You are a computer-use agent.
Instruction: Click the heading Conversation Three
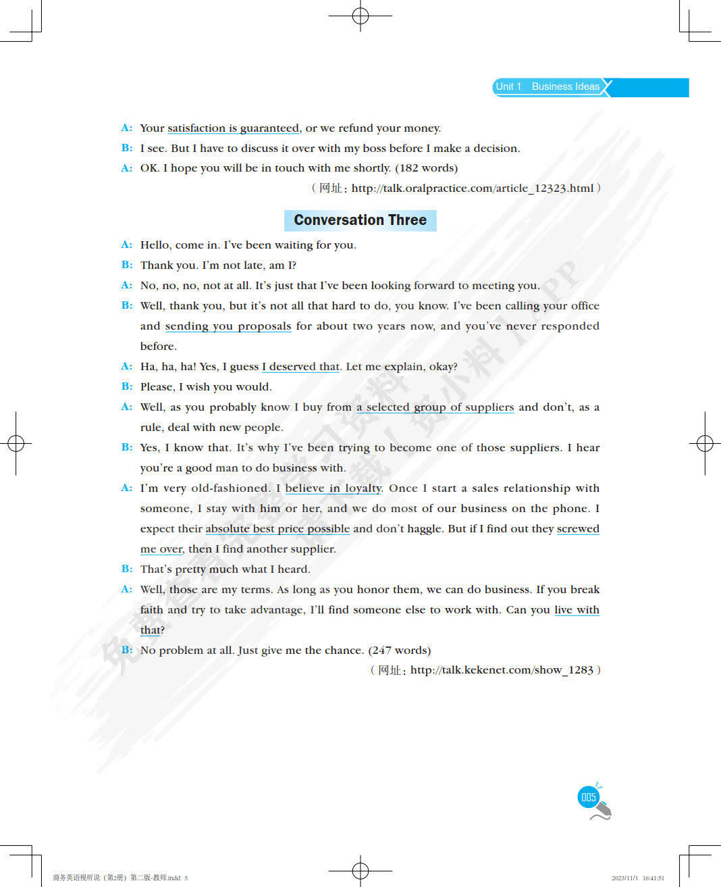click(360, 220)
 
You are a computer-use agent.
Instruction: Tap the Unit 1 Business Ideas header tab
click(548, 86)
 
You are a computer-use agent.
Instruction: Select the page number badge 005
click(589, 797)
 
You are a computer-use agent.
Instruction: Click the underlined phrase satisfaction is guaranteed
click(233, 128)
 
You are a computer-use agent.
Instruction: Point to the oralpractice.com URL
click(473, 188)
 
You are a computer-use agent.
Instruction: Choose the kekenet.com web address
click(502, 670)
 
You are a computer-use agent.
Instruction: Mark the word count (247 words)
click(399, 650)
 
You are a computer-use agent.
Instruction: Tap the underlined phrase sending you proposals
click(228, 326)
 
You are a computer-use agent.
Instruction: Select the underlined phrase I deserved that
click(300, 367)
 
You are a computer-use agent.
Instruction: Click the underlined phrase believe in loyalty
click(333, 488)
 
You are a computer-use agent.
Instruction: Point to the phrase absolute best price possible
click(277, 529)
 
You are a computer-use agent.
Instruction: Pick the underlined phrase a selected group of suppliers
click(435, 407)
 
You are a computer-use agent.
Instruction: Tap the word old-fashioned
click(230, 488)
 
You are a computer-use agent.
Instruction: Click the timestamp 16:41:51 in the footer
click(653, 878)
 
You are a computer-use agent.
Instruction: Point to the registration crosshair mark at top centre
click(360, 16)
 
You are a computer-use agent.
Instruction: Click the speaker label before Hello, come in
click(127, 245)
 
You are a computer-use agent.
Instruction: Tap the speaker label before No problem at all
click(127, 650)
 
